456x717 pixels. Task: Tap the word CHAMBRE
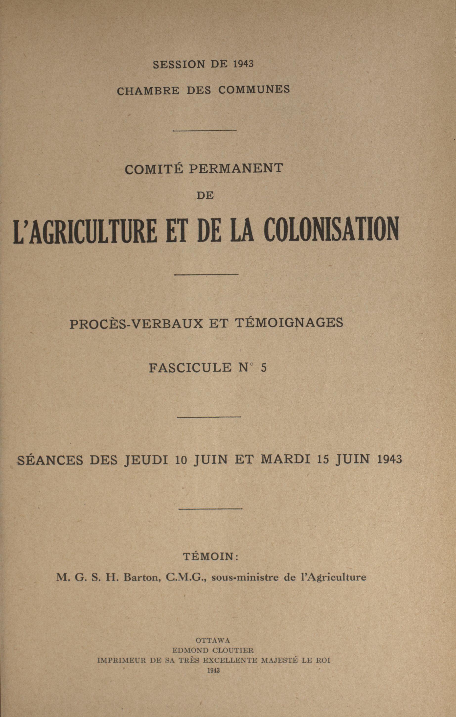click(148, 91)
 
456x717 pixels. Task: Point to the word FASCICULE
click(190, 368)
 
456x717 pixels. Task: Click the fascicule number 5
click(263, 368)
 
